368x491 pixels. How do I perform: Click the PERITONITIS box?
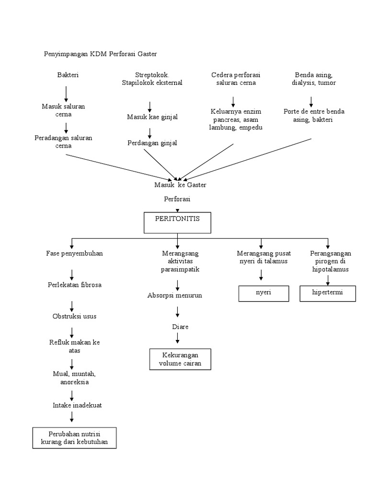[177, 222]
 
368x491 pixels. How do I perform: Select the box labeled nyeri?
[264, 293]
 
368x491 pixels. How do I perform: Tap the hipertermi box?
[328, 293]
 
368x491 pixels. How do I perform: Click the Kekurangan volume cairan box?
[180, 359]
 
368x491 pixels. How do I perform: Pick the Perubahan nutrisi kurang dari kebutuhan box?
[74, 437]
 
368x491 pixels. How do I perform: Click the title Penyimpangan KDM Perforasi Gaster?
[101, 54]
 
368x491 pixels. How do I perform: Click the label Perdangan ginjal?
[152, 143]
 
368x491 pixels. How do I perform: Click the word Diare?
[180, 327]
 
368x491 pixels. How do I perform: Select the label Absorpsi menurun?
[174, 295]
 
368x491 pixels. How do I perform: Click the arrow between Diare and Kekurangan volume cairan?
[178, 338]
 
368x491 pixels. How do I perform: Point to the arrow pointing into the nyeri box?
[261, 275]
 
